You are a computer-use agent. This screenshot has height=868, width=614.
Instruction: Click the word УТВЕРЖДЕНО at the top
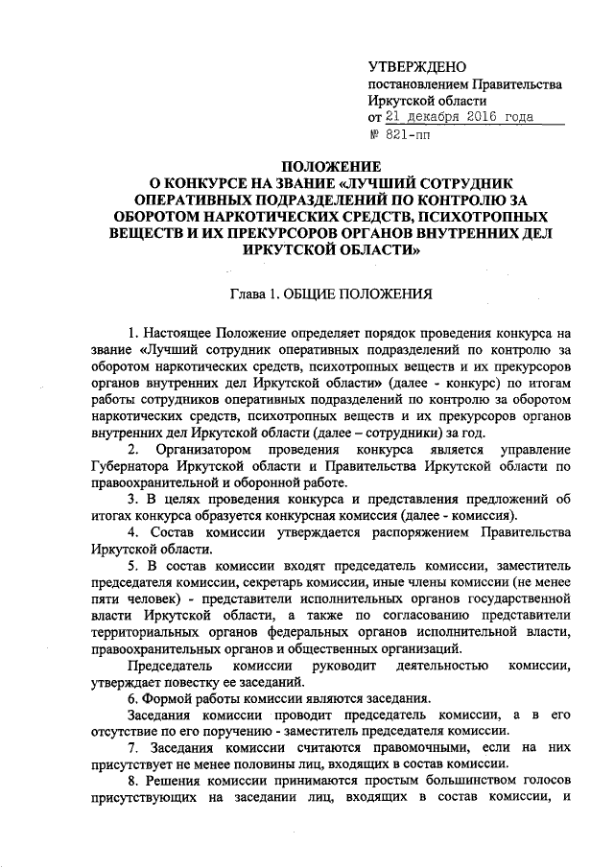[x=417, y=66]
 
